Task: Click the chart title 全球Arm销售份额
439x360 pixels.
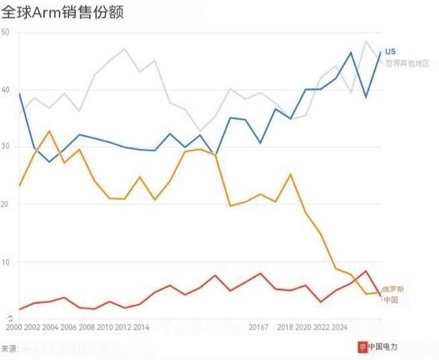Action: pyautogui.click(x=62, y=12)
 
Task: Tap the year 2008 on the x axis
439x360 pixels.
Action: pyautogui.click(x=86, y=328)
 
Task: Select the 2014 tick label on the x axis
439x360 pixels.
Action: pyautogui.click(x=141, y=328)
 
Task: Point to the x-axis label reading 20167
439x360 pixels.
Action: pyautogui.click(x=258, y=328)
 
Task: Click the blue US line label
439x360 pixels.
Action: pyautogui.click(x=390, y=52)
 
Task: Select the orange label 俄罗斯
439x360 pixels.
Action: pyautogui.click(x=392, y=289)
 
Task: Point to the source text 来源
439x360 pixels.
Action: pyautogui.click(x=10, y=348)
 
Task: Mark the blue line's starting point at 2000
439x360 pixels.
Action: pyautogui.click(x=20, y=94)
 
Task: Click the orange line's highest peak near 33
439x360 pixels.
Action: pyautogui.click(x=49, y=131)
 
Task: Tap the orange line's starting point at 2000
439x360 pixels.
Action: pyautogui.click(x=20, y=185)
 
